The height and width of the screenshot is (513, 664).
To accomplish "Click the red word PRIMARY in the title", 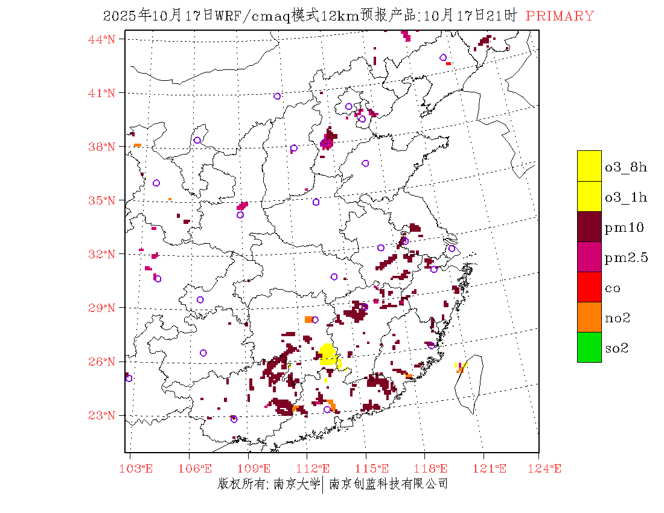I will (x=560, y=16).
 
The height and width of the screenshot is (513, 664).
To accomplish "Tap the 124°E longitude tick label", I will (x=549, y=468).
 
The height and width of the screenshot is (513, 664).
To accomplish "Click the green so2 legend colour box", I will (x=589, y=348).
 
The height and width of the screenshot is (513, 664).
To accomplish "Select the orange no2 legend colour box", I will (x=589, y=317).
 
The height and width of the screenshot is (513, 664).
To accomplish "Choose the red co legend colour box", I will (x=589, y=287).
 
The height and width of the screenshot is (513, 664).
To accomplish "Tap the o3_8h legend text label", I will (x=626, y=167).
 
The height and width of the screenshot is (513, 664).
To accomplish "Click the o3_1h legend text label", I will (x=626, y=197).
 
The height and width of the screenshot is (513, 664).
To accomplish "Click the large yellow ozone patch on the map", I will (x=327, y=354).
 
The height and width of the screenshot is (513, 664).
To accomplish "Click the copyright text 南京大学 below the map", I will (x=296, y=483).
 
